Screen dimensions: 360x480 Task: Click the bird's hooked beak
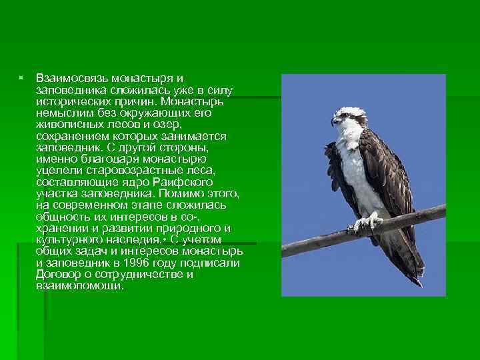point(335,122)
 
